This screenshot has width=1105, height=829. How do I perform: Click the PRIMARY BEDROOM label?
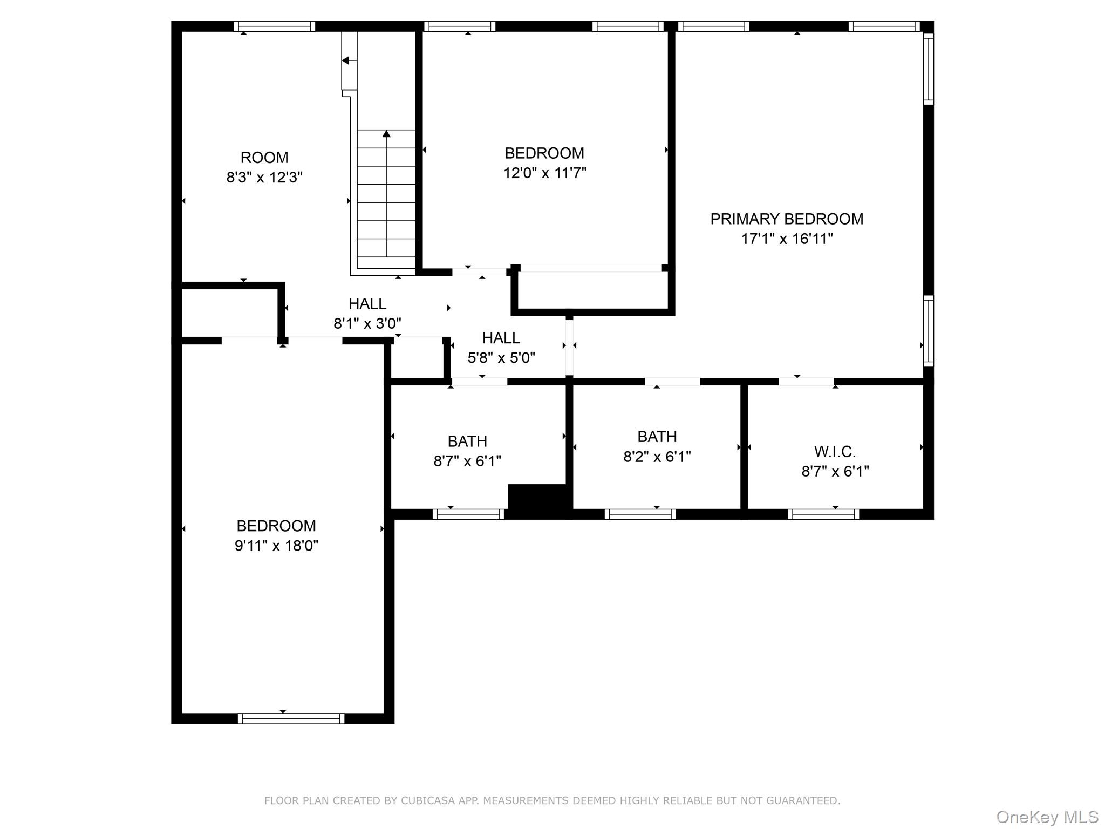(786, 219)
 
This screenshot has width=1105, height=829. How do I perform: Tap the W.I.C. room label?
(835, 451)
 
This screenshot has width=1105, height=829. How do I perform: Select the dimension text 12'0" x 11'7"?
(544, 173)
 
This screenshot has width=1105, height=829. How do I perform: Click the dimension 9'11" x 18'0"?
(276, 546)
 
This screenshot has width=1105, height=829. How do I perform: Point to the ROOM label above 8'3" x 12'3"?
(264, 158)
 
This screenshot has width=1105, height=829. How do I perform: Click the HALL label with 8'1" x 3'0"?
(367, 304)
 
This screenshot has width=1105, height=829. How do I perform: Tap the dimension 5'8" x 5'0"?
(501, 358)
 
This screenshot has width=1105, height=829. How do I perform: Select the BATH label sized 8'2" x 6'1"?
(657, 436)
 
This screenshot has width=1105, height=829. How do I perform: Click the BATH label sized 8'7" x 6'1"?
(467, 441)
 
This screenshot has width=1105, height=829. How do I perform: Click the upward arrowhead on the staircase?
(386, 133)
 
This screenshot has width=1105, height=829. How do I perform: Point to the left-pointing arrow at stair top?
(346, 60)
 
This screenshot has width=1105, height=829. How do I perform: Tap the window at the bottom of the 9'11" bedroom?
(291, 718)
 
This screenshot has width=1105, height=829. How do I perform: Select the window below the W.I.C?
(823, 514)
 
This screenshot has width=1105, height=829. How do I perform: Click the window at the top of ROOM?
(275, 26)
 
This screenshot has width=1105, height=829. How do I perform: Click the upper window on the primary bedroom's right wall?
(928, 69)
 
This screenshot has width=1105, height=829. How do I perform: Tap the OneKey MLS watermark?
(1047, 817)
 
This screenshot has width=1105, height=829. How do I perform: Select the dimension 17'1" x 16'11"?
(786, 239)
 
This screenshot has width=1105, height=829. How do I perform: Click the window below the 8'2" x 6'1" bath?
(640, 514)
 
